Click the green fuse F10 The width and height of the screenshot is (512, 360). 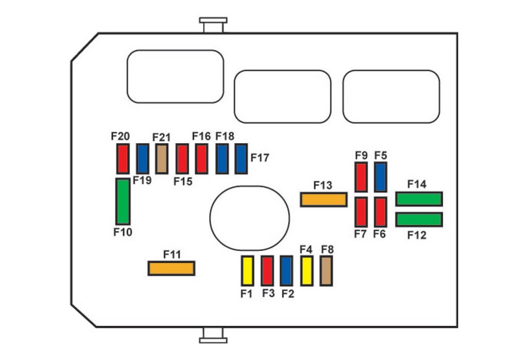[123, 201]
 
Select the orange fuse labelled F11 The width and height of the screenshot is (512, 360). [171, 268]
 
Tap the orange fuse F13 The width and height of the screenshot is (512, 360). [324, 200]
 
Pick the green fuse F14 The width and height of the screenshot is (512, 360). [419, 198]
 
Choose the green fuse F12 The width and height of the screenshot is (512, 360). [419, 220]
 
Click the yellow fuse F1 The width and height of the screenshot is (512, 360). [247, 271]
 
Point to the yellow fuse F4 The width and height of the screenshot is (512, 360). [307, 271]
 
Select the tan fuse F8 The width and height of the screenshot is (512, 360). [326, 271]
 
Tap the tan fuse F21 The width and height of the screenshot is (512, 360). [162, 159]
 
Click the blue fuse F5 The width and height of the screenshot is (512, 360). [381, 177]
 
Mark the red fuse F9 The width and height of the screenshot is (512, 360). [361, 177]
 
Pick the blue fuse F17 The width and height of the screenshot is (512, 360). [241, 159]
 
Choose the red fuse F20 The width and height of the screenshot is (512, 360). [123, 159]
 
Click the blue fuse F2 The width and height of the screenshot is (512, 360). [286, 271]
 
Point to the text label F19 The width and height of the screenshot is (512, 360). [142, 180]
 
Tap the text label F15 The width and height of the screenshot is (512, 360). [183, 181]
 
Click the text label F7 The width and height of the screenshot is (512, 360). [361, 234]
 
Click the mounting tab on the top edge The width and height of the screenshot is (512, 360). [213, 25]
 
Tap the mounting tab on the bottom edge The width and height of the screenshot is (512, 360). [213, 335]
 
